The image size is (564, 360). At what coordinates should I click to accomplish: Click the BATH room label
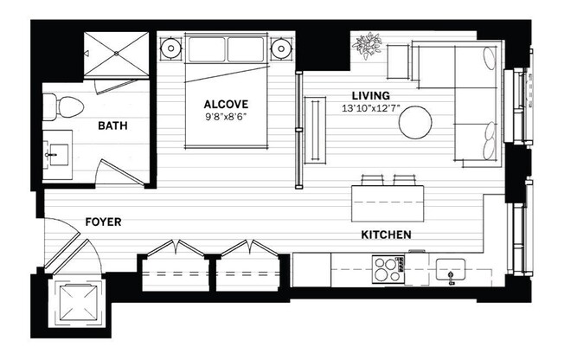(112, 126)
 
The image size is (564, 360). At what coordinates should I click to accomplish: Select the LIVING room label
(370, 95)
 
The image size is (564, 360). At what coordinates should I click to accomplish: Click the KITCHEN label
(386, 235)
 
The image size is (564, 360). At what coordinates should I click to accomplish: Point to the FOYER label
(103, 222)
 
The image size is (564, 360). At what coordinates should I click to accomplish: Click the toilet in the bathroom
(62, 107)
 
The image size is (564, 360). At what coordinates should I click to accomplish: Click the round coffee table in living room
(416, 122)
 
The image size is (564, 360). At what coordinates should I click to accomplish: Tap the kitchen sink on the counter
(450, 269)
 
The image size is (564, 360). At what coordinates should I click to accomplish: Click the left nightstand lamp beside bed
(170, 48)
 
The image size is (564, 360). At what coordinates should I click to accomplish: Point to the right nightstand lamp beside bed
(280, 48)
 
